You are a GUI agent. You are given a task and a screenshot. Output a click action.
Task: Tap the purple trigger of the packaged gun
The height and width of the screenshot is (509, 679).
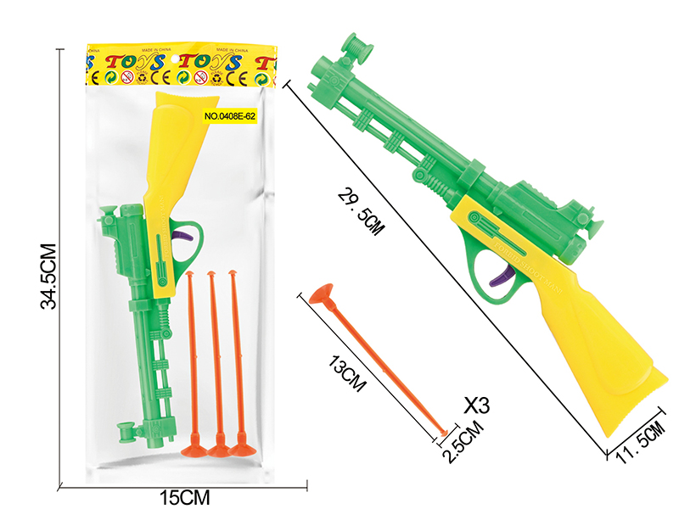[182, 240]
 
